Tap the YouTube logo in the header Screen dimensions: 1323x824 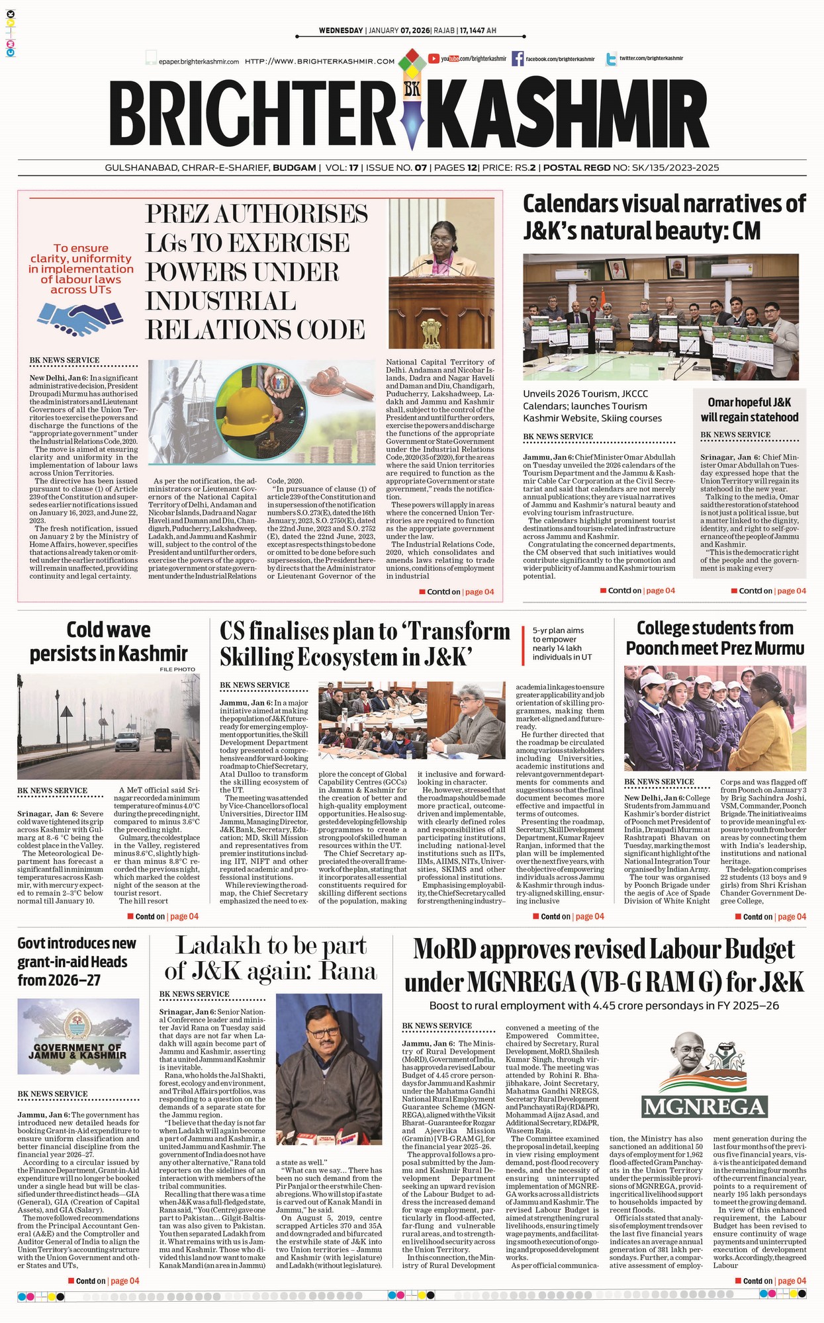[434, 59]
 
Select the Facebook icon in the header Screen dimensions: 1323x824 [518, 59]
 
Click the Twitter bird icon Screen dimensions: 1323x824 [610, 59]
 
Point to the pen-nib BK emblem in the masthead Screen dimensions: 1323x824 [412, 106]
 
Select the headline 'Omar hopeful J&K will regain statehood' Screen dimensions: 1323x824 [749, 409]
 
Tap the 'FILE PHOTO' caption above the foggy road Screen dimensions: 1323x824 [177, 669]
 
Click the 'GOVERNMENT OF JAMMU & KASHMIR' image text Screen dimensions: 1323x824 [77, 1051]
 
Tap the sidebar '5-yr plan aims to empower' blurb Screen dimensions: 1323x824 [563, 644]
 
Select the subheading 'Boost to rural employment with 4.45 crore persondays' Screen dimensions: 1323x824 [604, 1006]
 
